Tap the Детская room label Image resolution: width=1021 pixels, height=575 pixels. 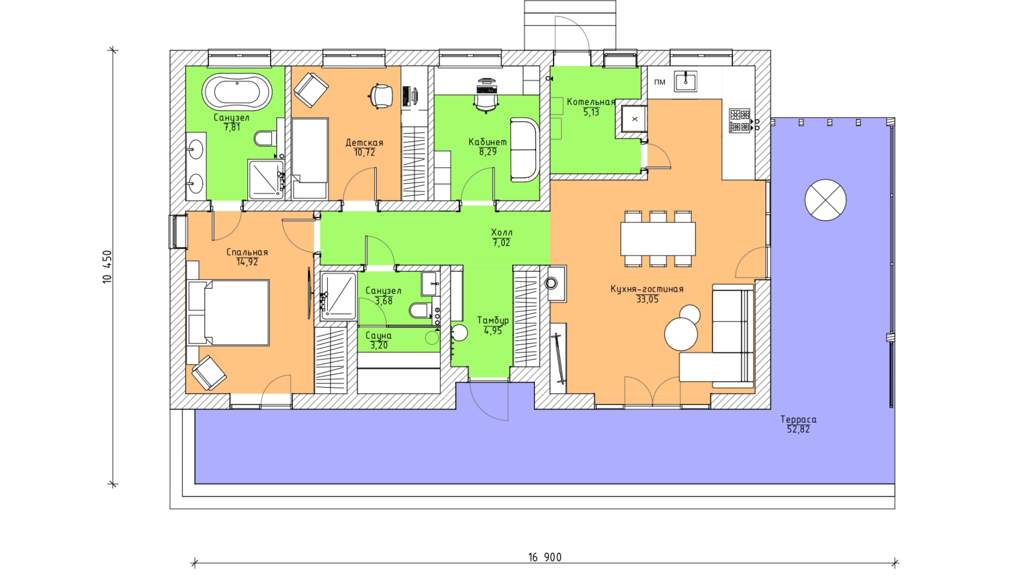pyautogui.click(x=364, y=143)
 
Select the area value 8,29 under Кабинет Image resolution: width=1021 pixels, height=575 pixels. pyautogui.click(x=488, y=152)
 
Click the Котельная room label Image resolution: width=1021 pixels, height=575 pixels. pyautogui.click(x=591, y=102)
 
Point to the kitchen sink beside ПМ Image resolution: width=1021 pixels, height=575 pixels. pyautogui.click(x=685, y=81)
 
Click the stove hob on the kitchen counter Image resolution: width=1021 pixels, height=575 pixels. pyautogui.click(x=739, y=120)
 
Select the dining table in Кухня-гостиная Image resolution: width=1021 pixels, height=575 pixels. pyautogui.click(x=658, y=239)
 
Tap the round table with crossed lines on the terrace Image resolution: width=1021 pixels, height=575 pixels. pyautogui.click(x=825, y=200)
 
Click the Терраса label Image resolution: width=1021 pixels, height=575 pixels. pyautogui.click(x=798, y=420)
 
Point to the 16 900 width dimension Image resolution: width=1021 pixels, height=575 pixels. pyautogui.click(x=545, y=557)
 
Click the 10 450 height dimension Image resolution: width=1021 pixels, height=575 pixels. pyautogui.click(x=107, y=267)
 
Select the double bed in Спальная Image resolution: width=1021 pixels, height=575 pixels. pyautogui.click(x=229, y=313)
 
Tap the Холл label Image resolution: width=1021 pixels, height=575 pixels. pyautogui.click(x=501, y=233)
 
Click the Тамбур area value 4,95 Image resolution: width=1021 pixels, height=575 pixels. pyautogui.click(x=493, y=331)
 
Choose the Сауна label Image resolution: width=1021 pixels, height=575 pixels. pyautogui.click(x=379, y=336)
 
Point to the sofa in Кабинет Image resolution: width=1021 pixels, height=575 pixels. pyautogui.click(x=524, y=150)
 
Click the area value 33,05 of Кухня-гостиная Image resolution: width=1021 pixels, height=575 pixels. pyautogui.click(x=647, y=299)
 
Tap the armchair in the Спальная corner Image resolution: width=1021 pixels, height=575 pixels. pyautogui.click(x=209, y=373)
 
